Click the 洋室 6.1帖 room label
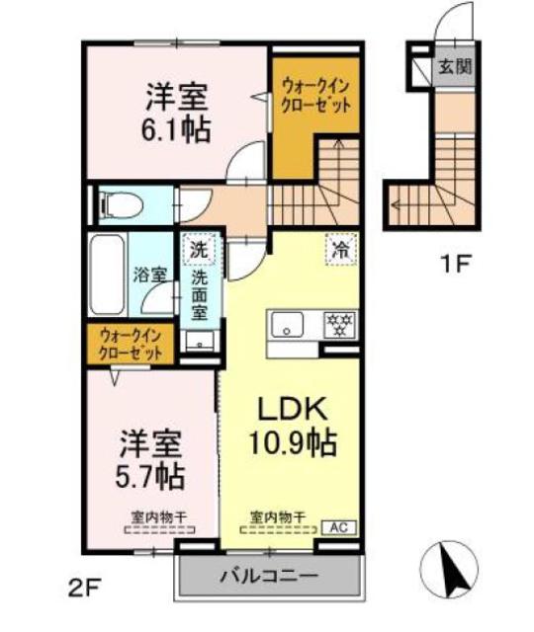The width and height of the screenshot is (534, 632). pos(179,114)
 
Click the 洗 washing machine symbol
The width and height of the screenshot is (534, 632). pos(199,249)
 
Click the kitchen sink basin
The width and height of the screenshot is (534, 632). pos(290,323)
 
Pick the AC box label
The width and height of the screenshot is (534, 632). pos(339,525)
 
